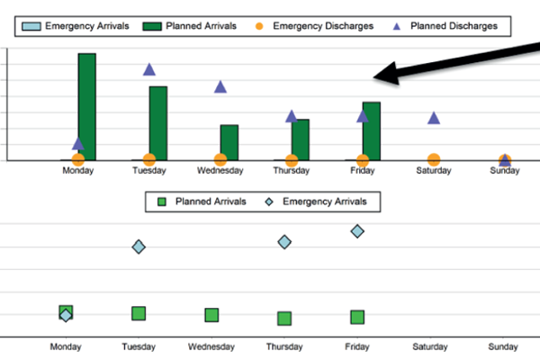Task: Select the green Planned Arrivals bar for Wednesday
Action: pyautogui.click(x=229, y=142)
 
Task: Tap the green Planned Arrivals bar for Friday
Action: pyautogui.click(x=372, y=131)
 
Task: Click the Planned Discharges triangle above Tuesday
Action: pyautogui.click(x=149, y=69)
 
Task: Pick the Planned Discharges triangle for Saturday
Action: pyautogui.click(x=434, y=118)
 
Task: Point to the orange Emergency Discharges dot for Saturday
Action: pyautogui.click(x=434, y=160)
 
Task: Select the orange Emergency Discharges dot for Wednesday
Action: pyautogui.click(x=220, y=160)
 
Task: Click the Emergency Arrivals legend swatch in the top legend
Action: pyautogui.click(x=33, y=26)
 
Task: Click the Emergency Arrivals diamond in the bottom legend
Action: pyautogui.click(x=269, y=202)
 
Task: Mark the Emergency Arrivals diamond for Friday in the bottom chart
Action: pyautogui.click(x=357, y=231)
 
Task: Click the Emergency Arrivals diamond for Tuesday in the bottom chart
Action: pyautogui.click(x=139, y=247)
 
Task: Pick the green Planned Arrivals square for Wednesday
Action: pyautogui.click(x=211, y=315)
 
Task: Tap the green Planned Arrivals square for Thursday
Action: pyautogui.click(x=284, y=318)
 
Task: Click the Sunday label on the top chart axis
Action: pyautogui.click(x=505, y=170)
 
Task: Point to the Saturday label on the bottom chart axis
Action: pyautogui.click(x=430, y=346)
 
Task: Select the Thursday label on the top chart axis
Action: pyautogui.click(x=291, y=170)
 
